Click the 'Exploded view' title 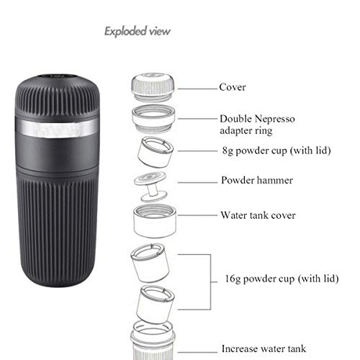click(x=138, y=32)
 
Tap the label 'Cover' click(x=233, y=87)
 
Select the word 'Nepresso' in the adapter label click(x=274, y=119)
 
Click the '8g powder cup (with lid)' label click(x=276, y=150)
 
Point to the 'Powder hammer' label click(x=257, y=180)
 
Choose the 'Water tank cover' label click(x=258, y=215)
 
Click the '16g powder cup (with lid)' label click(x=282, y=279)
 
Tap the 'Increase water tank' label click(x=264, y=348)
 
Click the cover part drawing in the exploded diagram click(x=153, y=88)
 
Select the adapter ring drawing click(x=153, y=119)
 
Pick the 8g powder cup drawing click(x=156, y=152)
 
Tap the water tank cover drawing click(x=155, y=221)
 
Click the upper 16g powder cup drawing click(x=150, y=263)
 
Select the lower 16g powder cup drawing click(x=156, y=305)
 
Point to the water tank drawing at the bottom click(x=153, y=341)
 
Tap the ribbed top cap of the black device click(x=57, y=96)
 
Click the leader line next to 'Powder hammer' click(x=197, y=183)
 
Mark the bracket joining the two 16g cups click(x=210, y=282)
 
